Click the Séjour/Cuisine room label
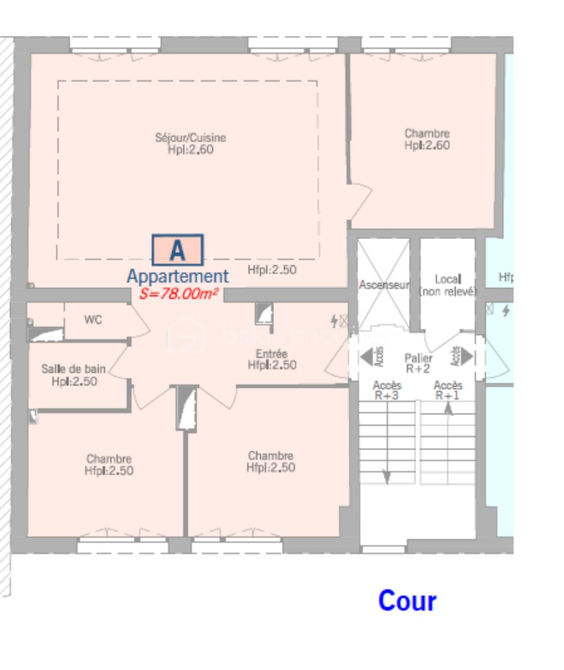pos(191,143)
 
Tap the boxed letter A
pos(177,250)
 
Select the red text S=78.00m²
pos(178,294)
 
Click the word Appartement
pos(178,276)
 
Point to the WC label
pos(93,320)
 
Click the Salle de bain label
pos(74,375)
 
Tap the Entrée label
pos(272,359)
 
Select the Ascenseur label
pos(384,285)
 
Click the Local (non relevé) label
pos(448,285)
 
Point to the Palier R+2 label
pos(418,363)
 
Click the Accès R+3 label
pos(387,390)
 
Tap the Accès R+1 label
pos(448,390)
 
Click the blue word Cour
pos(407,601)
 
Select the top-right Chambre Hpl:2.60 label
pos(427,139)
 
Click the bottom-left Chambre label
pos(109,465)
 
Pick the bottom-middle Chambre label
pos(271,462)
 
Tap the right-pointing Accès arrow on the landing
pos(467,356)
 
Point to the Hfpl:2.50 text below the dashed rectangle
pos(272,270)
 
